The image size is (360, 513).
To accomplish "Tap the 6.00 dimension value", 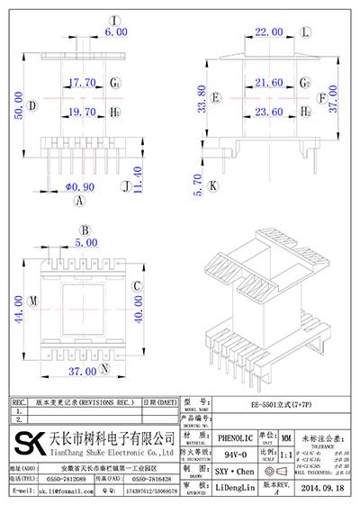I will (116, 31).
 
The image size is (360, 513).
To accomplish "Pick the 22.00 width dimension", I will (267, 31).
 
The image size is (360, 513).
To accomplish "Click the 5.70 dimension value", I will (200, 184).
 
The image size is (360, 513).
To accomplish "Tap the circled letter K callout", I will (213, 186).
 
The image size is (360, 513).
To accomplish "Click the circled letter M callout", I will (33, 300).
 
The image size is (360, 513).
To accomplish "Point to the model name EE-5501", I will (274, 404).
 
